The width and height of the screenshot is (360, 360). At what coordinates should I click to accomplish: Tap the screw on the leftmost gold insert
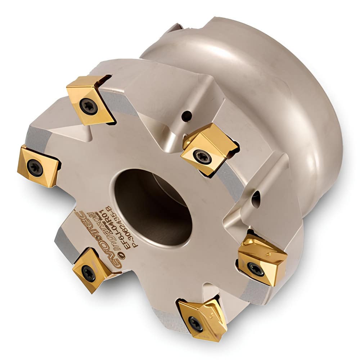pyautogui.click(x=35, y=168)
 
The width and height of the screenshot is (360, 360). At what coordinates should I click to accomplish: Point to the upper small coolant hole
pyautogui.click(x=186, y=116)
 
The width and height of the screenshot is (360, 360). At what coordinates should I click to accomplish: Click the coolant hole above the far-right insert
pyautogui.click(x=256, y=198)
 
